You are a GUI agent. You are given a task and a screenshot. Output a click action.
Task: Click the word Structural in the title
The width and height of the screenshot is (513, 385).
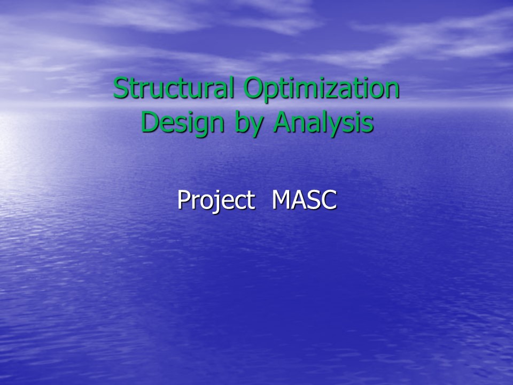174,87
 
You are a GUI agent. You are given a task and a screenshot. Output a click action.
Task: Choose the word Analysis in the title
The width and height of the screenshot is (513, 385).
323,124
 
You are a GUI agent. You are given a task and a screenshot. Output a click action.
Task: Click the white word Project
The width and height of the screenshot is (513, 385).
216,201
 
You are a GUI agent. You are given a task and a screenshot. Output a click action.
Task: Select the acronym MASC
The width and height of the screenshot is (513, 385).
304,199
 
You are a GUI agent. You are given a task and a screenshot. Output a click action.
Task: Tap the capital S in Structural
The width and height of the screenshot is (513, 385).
120,88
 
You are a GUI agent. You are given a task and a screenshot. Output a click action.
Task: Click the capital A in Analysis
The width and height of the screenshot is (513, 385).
283,122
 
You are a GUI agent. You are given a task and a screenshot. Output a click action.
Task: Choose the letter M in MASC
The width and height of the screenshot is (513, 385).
282,199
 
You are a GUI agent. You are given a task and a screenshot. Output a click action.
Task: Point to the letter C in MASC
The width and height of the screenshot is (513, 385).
329,199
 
